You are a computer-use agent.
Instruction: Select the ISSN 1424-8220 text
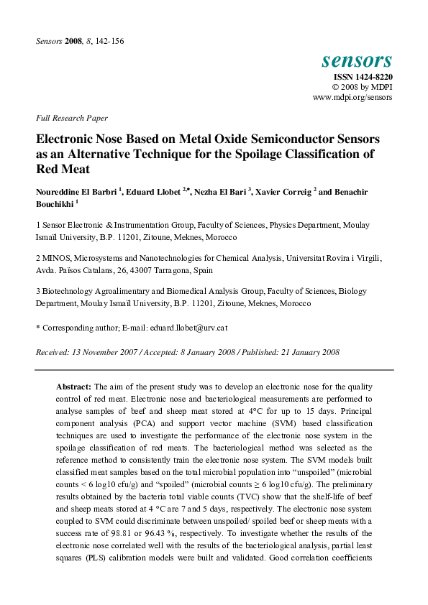click(x=362, y=77)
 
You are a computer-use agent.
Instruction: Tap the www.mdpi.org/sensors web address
click(x=352, y=97)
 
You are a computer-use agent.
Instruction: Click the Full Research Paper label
click(x=71, y=117)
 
